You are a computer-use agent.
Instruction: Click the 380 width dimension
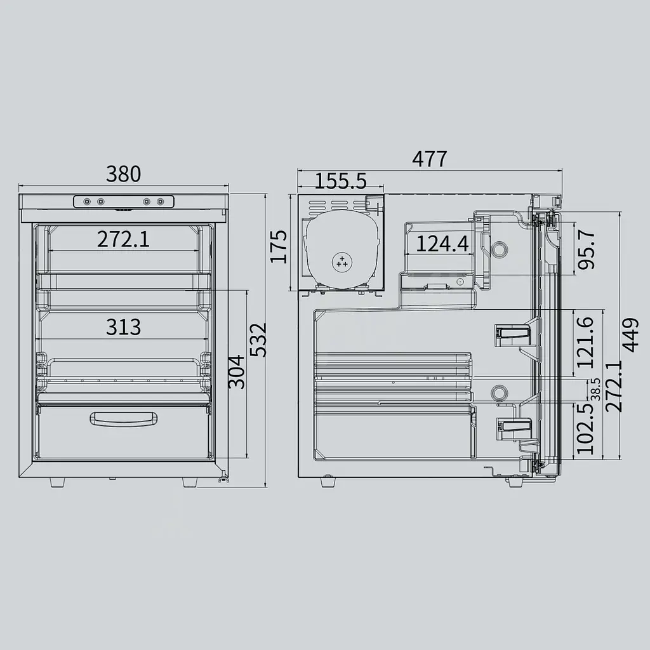pyautogui.click(x=124, y=174)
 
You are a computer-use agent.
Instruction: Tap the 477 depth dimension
pyautogui.click(x=430, y=159)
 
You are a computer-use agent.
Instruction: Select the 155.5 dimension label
pyautogui.click(x=341, y=181)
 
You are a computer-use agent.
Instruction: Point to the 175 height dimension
pyautogui.click(x=279, y=247)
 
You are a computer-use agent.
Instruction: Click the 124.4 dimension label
pyautogui.click(x=442, y=244)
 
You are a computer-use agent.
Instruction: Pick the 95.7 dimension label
pyautogui.click(x=587, y=250)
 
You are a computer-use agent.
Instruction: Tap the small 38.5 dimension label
pyautogui.click(x=597, y=389)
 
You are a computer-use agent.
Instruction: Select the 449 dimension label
pyautogui.click(x=630, y=335)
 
